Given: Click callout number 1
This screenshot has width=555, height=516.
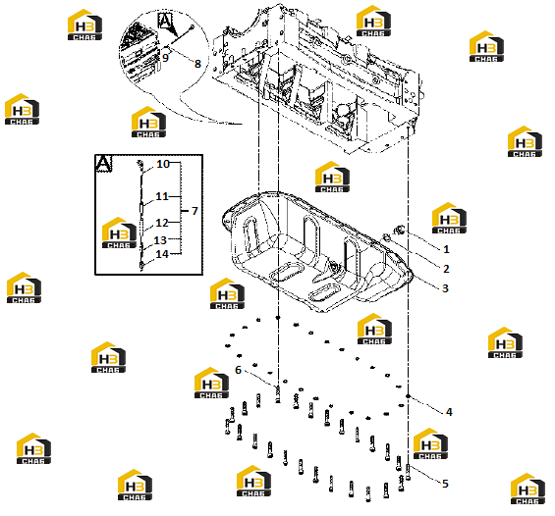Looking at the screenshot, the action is (446, 249).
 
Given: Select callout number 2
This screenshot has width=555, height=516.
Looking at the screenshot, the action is (446, 269).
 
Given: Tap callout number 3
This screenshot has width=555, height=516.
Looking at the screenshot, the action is (445, 288).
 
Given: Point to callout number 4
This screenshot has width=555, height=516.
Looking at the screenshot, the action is (449, 412).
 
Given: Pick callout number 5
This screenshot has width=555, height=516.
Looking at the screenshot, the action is (445, 484).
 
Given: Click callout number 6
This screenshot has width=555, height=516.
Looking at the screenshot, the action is (238, 370).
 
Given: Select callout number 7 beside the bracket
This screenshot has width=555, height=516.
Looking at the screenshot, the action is (194, 211).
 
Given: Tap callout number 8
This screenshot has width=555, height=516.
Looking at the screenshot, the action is (197, 64).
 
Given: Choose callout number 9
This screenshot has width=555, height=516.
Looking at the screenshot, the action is (165, 57).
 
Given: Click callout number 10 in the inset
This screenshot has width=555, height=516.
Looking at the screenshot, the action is (163, 164).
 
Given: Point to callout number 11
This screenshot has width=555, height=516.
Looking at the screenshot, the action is (162, 196).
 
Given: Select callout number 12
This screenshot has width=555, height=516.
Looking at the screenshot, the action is (162, 223).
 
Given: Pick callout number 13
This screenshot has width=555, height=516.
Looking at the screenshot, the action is (160, 240).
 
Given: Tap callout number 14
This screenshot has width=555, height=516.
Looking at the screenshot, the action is (162, 254).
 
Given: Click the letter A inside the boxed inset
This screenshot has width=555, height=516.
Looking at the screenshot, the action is (103, 164).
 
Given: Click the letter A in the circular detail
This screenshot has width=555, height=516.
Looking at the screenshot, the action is (165, 21).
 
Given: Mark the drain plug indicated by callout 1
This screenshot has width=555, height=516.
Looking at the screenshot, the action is (400, 230).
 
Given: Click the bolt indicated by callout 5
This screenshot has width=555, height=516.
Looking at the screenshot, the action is (408, 472).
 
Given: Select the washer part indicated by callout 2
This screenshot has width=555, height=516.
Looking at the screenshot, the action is (386, 237).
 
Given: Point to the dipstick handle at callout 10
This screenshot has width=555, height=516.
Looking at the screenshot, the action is (140, 165).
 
